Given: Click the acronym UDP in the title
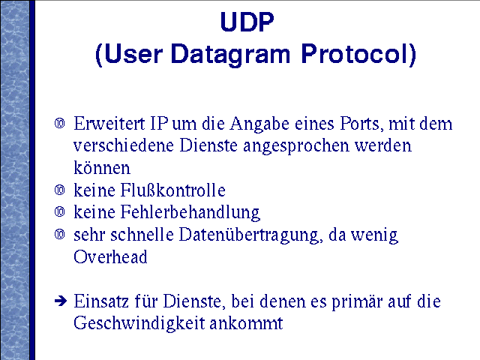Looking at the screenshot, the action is [247, 22].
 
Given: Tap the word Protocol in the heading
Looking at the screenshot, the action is [355, 53].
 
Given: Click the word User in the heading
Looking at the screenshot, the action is [133, 54].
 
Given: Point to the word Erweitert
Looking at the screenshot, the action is [109, 124].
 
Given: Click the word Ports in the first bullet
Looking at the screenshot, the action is [361, 124].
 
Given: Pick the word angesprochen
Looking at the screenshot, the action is [296, 146].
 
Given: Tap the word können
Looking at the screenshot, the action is [102, 167].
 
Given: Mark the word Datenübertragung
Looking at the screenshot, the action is [250, 235].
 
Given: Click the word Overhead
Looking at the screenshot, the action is [110, 256].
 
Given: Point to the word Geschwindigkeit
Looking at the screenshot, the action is [139, 323].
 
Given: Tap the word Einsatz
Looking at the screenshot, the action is [101, 301].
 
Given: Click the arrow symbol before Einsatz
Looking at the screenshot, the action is [61, 301].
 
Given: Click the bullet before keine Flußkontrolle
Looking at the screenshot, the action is [60, 190].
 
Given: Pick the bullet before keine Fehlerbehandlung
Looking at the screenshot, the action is [60, 211].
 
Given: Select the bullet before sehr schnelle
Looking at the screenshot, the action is [60, 235].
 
